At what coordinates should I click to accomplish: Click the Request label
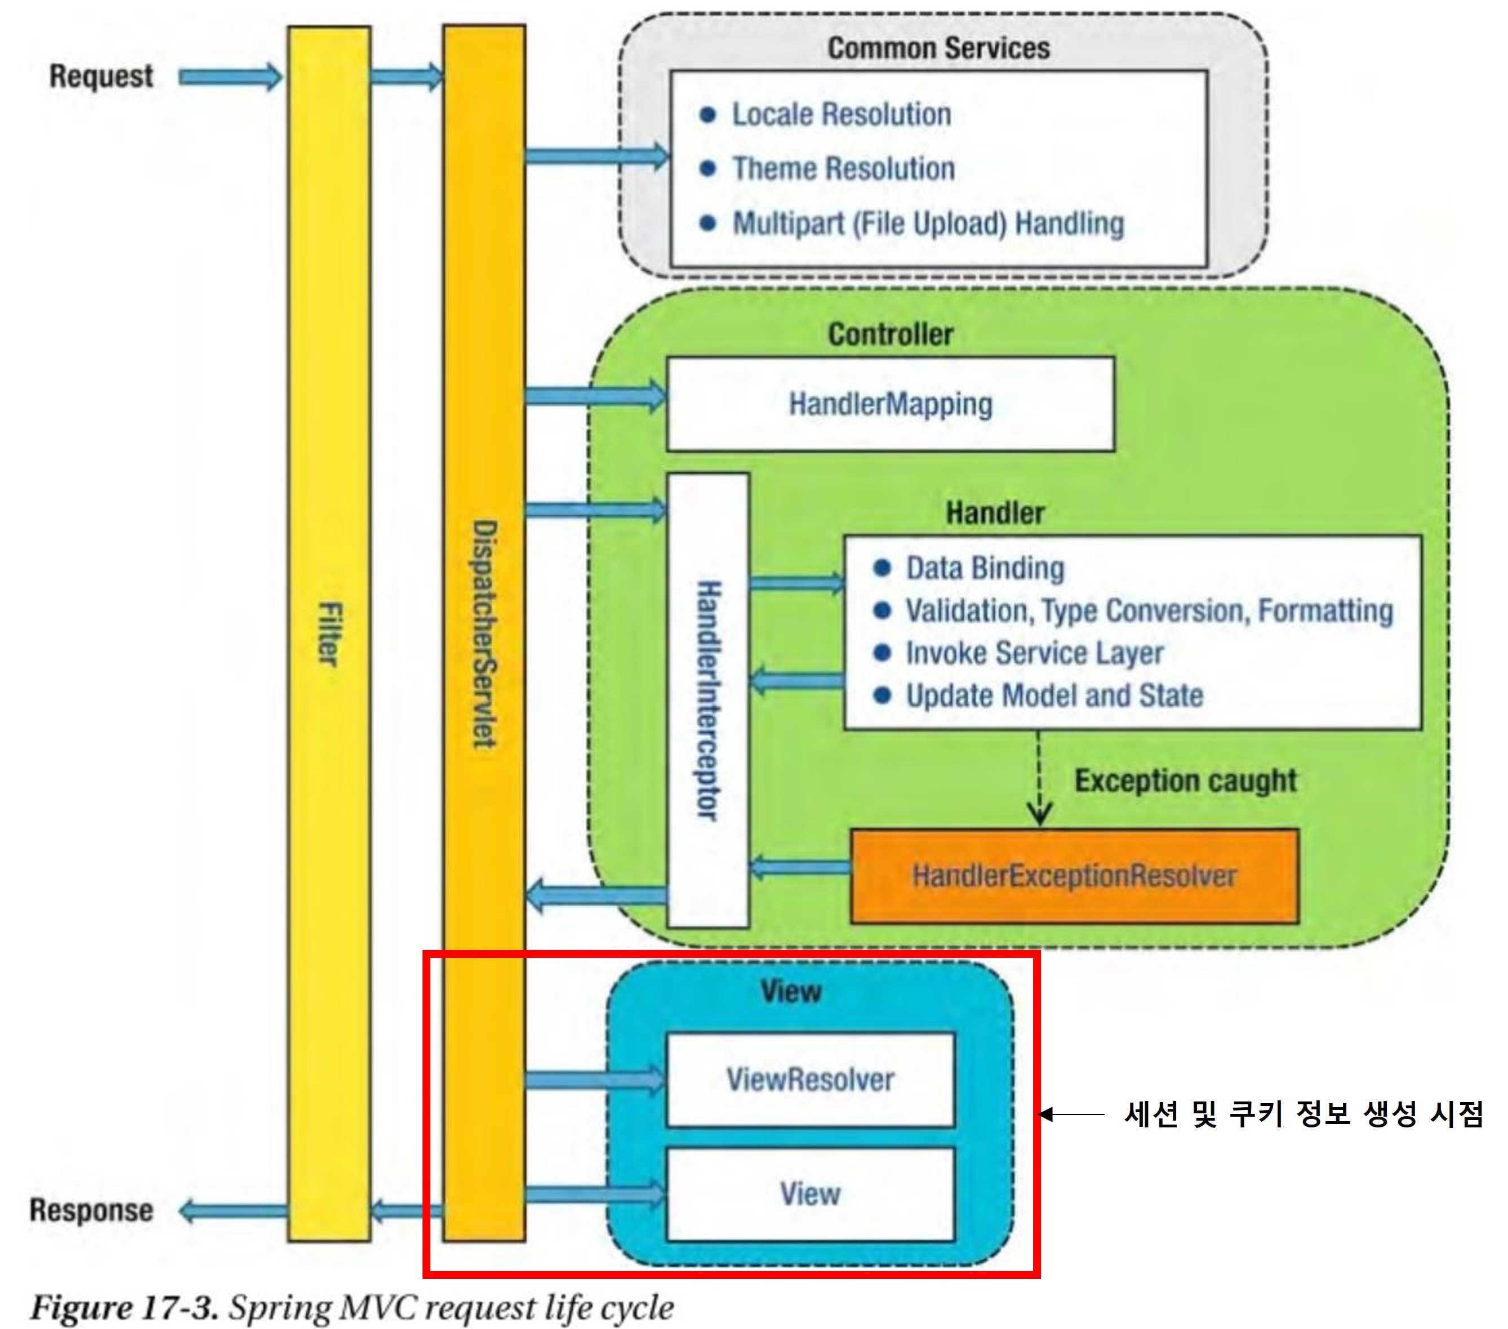[x=101, y=77]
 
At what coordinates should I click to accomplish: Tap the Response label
[x=91, y=1210]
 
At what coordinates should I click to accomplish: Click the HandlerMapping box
[x=889, y=404]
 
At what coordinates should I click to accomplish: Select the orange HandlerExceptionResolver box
[x=1074, y=876]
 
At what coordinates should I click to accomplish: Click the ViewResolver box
[x=810, y=1080]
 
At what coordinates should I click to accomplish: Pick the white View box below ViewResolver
[x=810, y=1194]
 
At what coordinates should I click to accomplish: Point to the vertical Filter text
[x=329, y=634]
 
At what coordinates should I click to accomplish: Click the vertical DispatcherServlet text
[x=484, y=634]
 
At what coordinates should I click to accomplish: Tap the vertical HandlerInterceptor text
[x=708, y=701]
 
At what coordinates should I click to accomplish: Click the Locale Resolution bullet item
[x=840, y=114]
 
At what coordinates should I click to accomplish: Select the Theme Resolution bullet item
[x=843, y=169]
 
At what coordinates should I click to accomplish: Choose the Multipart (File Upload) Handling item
[x=927, y=224]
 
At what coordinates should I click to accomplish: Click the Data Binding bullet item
[x=984, y=569]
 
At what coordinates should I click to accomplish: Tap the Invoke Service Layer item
[x=1034, y=653]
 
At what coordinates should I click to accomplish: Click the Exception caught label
[x=1185, y=781]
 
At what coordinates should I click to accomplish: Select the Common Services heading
[x=938, y=48]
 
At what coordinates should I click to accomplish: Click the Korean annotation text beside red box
[x=1303, y=1114]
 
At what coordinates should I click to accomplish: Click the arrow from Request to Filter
[x=230, y=77]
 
